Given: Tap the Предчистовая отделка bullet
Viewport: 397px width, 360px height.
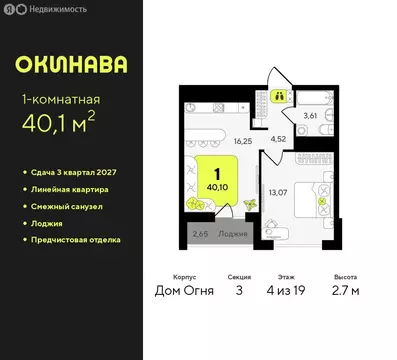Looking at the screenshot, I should pyautogui.click(x=79, y=241).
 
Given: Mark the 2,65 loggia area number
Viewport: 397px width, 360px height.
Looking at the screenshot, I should pyautogui.click(x=199, y=236).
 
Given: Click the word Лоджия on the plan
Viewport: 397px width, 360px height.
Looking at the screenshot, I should pyautogui.click(x=232, y=236).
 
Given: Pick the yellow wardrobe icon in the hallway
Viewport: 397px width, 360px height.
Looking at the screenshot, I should pyautogui.click(x=281, y=97).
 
